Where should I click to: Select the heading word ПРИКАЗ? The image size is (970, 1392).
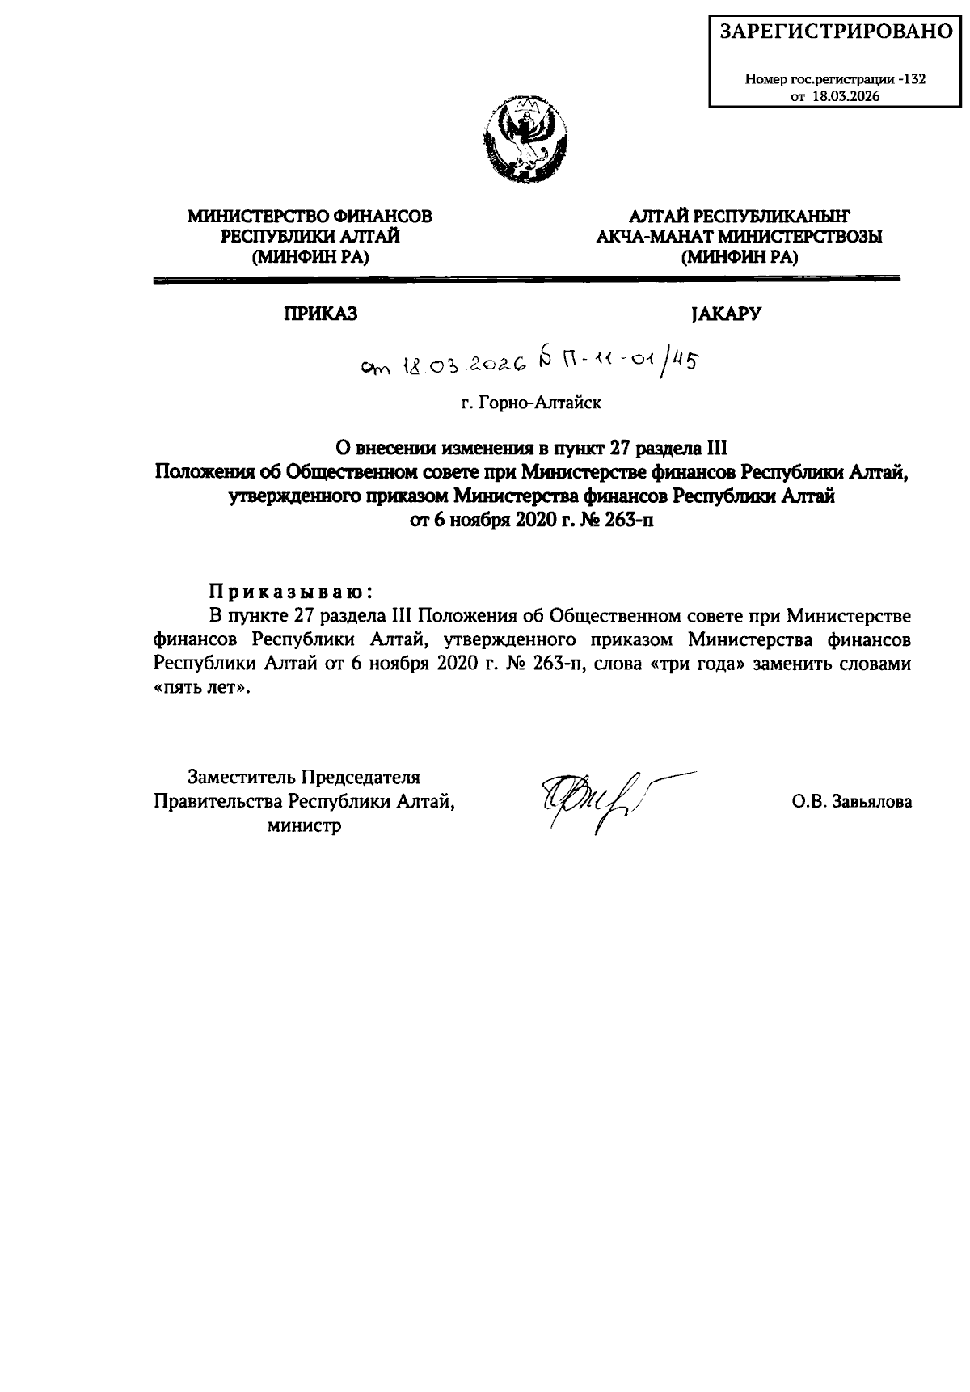(x=319, y=314)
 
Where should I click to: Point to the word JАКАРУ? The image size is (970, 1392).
(x=725, y=314)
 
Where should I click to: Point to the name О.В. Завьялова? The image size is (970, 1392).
(x=852, y=802)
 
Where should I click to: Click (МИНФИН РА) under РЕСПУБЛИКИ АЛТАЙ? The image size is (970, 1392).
(x=310, y=258)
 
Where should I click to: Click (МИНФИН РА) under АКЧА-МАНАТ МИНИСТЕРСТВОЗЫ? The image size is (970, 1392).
(x=740, y=258)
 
